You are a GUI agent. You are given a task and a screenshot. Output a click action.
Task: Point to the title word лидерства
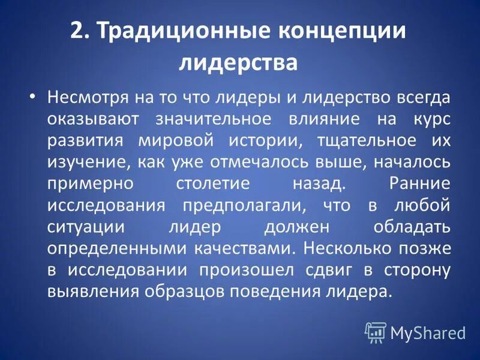[239, 62]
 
